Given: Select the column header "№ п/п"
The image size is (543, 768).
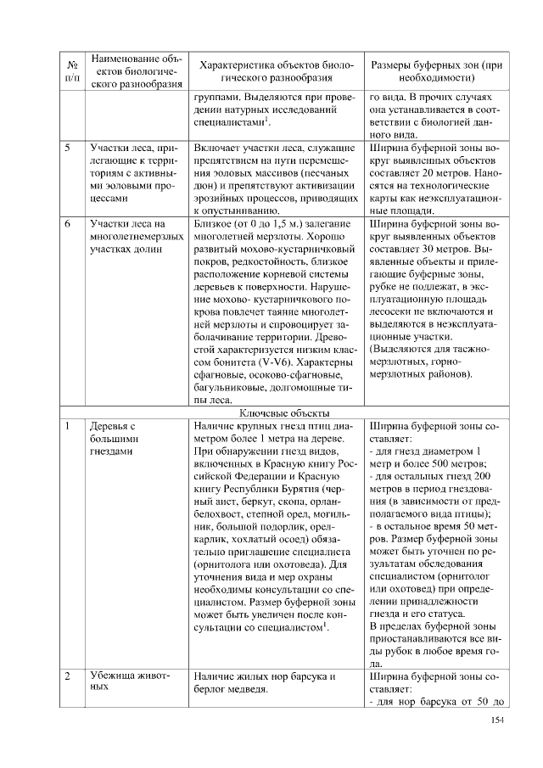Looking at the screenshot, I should [71, 72].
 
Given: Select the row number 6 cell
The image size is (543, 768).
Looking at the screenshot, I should [67, 223].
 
